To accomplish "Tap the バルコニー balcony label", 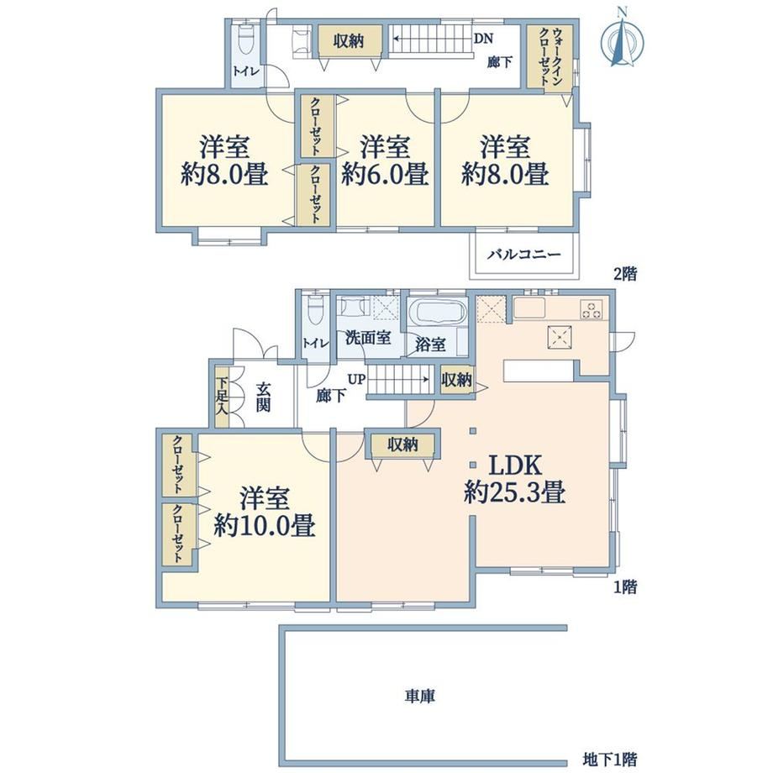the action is [x=524, y=255].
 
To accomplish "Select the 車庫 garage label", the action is [x=420, y=696].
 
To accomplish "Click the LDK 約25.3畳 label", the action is [x=515, y=479].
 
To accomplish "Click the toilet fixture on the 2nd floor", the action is [x=245, y=42].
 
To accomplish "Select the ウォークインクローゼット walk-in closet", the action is [x=550, y=56].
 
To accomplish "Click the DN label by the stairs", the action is [x=483, y=39].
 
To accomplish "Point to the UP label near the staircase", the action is [x=357, y=380].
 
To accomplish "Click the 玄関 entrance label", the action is [x=263, y=397].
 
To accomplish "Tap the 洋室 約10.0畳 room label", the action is [x=264, y=513].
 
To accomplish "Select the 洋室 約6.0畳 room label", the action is [x=385, y=160].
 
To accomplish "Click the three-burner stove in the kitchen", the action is [x=591, y=309].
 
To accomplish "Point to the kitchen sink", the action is [x=529, y=308].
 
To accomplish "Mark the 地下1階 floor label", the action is [x=609, y=759].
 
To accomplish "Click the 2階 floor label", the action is [x=624, y=273].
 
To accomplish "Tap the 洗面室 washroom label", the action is [x=368, y=338].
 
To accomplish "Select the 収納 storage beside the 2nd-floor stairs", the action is [x=349, y=41].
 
